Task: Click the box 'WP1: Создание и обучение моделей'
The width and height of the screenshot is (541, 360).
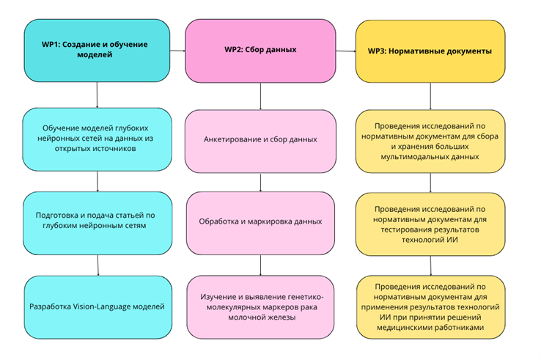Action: click(x=97, y=51)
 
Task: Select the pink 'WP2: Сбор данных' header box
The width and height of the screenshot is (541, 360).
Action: click(x=260, y=51)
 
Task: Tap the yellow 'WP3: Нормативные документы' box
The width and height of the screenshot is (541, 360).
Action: click(x=430, y=51)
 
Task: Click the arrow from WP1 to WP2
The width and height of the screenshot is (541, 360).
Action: click(x=177, y=51)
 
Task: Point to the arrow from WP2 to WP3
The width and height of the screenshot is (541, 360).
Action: click(x=346, y=51)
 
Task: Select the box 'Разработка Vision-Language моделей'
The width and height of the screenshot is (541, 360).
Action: click(x=98, y=307)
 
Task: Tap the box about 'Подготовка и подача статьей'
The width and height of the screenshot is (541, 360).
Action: click(x=97, y=224)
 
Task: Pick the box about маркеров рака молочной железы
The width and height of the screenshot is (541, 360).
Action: click(x=260, y=307)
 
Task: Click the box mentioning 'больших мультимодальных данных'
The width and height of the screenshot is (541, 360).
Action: click(x=430, y=142)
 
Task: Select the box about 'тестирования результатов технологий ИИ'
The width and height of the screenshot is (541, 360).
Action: click(x=430, y=224)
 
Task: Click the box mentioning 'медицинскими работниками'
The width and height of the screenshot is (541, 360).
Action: click(x=430, y=307)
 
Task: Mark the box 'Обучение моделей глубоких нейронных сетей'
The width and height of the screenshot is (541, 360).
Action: click(x=97, y=139)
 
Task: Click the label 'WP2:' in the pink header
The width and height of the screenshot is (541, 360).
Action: click(x=234, y=49)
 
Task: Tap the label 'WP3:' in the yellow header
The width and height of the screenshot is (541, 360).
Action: click(x=377, y=51)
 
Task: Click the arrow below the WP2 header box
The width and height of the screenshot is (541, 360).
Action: click(x=260, y=96)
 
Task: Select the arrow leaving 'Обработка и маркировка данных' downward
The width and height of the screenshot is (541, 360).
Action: click(x=260, y=265)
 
